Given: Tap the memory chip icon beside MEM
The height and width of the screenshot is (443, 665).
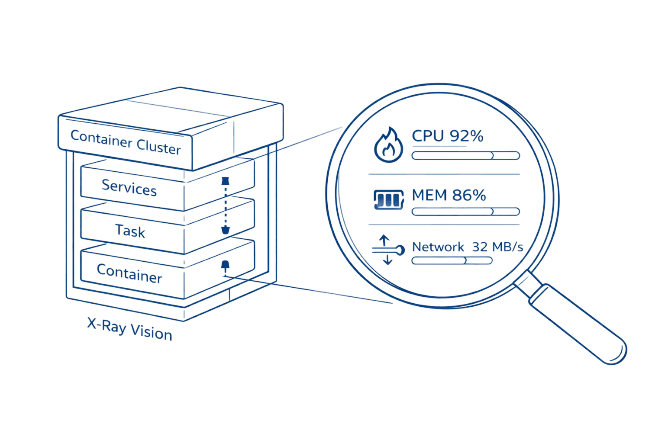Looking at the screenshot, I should point(388,200).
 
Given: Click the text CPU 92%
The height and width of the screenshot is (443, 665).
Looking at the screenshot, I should point(447,136).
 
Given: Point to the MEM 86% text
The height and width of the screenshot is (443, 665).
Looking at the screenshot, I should point(449,195).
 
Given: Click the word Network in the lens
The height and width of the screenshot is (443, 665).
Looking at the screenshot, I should point(438,247).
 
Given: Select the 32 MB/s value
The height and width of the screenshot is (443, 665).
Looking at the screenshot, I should point(497,247).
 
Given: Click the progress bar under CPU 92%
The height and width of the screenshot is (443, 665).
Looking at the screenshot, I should point(465,156).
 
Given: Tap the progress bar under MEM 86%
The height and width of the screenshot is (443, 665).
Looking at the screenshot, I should point(465,212).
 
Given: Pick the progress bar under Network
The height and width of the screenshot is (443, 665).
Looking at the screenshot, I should point(452,260).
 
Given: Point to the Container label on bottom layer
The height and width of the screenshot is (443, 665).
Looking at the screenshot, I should point(129,274).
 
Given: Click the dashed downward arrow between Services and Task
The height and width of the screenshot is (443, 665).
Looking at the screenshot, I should point(225,205).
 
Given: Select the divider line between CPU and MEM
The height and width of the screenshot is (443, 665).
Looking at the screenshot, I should point(444,174).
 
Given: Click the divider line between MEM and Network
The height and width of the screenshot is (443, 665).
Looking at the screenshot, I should point(444,225).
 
